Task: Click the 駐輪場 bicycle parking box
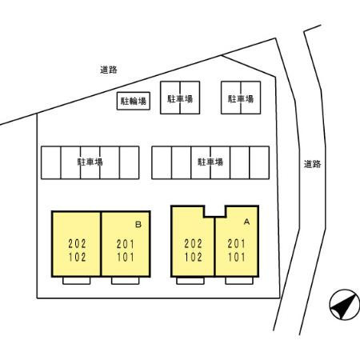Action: tap(134, 101)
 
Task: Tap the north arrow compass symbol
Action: tap(345, 305)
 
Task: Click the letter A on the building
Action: tap(246, 222)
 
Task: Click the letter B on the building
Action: tap(138, 225)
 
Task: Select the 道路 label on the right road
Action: tap(312, 164)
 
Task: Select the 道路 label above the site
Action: tap(109, 70)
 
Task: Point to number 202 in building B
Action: tap(77, 243)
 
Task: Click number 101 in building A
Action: tap(236, 258)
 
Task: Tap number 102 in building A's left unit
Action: tap(193, 258)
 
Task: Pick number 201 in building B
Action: tap(126, 244)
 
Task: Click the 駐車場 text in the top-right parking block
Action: tap(241, 99)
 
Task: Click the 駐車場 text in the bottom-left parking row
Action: tap(90, 162)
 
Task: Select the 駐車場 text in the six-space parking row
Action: tap(210, 162)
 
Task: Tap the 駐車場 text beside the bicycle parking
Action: tap(180, 99)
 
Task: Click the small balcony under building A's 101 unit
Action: tap(239, 281)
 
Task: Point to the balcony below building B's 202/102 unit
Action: tap(77, 281)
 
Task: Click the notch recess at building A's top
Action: tap(215, 210)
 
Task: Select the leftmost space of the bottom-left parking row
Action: tap(51, 162)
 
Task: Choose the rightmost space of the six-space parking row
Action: tap(259, 162)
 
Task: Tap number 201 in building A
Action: tap(236, 243)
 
